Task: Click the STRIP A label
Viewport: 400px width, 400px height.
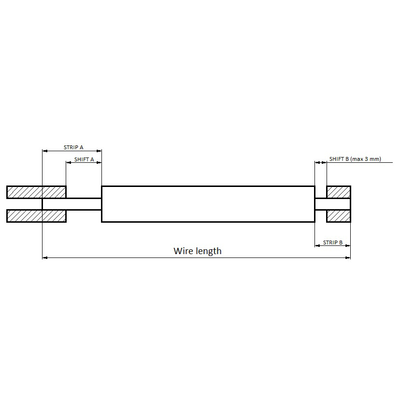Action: (73, 147)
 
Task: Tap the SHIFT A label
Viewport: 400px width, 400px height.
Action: (84, 159)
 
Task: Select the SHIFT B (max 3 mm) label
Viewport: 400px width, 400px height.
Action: (355, 159)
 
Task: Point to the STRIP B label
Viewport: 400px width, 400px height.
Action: (333, 243)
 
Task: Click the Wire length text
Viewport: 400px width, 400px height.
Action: (198, 251)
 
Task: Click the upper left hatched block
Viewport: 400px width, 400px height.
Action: (37, 192)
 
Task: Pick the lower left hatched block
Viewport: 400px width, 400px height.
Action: (37, 216)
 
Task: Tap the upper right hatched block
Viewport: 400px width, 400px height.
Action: (339, 192)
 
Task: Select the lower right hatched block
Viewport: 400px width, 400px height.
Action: (339, 216)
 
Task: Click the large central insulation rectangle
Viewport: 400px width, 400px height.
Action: (208, 204)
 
